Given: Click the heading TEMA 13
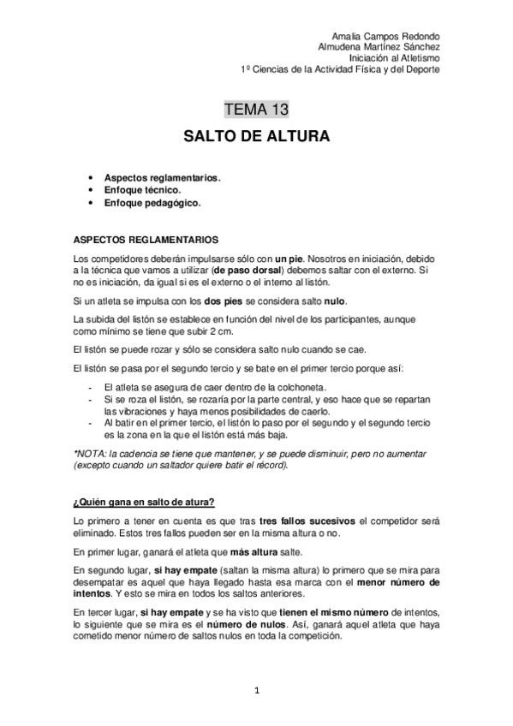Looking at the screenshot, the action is [256, 109].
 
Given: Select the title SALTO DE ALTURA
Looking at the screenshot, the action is [256, 137].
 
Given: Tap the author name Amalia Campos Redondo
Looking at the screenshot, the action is [390, 37].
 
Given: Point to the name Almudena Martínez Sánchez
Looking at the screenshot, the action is [379, 47].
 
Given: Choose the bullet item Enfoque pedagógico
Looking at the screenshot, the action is [152, 204].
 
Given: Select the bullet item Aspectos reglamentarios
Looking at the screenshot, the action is [162, 178].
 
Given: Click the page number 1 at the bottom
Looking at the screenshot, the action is [256, 689].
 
